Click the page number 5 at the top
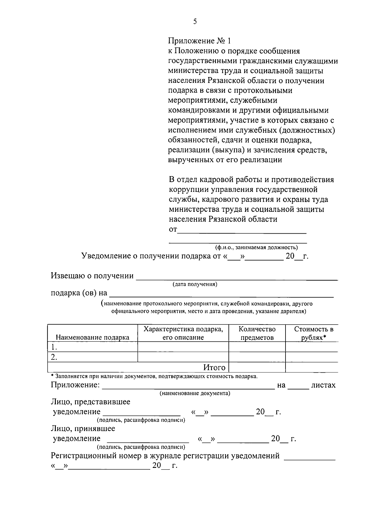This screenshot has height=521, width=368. click(x=195, y=21)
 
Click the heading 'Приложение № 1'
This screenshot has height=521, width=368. click(x=199, y=41)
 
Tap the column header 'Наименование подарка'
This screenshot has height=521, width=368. click(x=92, y=337)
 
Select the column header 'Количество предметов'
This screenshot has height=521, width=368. click(x=257, y=333)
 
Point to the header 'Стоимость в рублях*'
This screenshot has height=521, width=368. click(x=313, y=333)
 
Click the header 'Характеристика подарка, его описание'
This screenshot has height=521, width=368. click(x=183, y=333)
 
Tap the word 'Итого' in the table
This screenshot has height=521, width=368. click(x=214, y=367)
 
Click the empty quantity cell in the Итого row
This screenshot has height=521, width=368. click(x=257, y=367)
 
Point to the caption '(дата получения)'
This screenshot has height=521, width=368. click(x=195, y=284)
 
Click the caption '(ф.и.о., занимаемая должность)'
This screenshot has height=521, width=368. click(x=256, y=247)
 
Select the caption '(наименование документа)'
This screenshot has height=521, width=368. click(x=195, y=393)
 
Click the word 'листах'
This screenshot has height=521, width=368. click(x=323, y=385)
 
